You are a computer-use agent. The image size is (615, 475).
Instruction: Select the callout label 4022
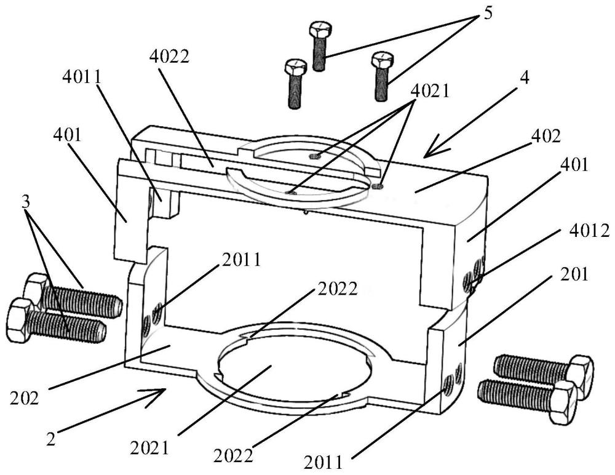(x=170, y=57)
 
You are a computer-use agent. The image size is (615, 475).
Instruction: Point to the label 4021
(x=429, y=92)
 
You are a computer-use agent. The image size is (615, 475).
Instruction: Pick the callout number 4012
(x=590, y=231)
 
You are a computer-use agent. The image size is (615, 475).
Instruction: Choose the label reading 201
(x=574, y=274)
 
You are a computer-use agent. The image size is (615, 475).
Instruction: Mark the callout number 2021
(x=149, y=448)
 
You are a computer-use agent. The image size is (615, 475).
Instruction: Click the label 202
(x=25, y=399)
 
